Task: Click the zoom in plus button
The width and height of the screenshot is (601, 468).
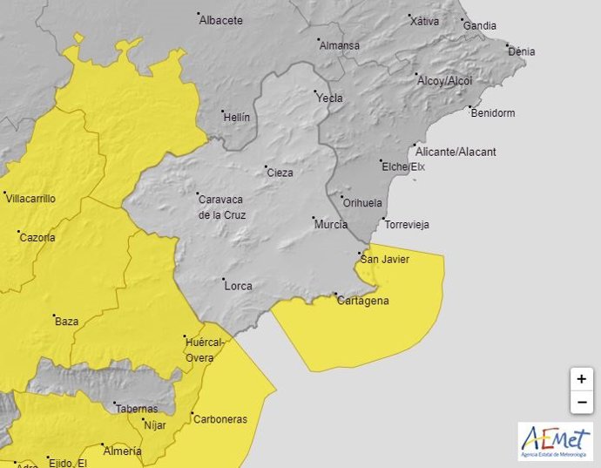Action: [581, 380]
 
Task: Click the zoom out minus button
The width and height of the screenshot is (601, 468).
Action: [581, 402]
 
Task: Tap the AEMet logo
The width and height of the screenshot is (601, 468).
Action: [555, 441]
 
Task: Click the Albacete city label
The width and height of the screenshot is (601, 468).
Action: [221, 20]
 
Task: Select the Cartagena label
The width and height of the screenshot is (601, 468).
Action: [364, 301]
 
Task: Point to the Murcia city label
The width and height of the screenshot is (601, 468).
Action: [331, 224]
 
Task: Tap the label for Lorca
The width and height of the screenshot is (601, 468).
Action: [238, 285]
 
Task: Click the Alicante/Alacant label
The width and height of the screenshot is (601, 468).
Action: [456, 152]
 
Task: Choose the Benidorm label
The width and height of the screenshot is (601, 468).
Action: [492, 112]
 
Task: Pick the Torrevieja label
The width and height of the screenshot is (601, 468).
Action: [407, 224]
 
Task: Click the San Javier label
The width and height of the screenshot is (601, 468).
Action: [385, 259]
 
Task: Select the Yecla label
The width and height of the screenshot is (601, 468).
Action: [330, 98]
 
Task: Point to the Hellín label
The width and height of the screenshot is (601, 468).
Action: [236, 116]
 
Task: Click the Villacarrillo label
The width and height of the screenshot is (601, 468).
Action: [31, 199]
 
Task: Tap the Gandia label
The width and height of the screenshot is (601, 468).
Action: [479, 25]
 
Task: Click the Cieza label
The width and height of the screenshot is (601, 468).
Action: [280, 173]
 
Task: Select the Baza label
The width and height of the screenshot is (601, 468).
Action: [66, 321]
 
